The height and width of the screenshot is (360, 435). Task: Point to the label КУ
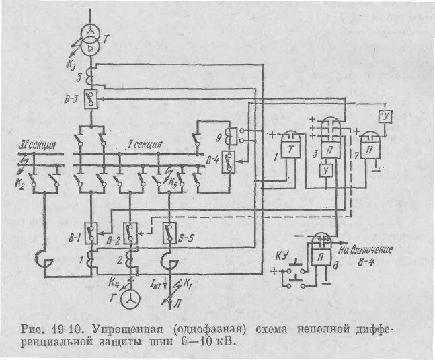(282, 256)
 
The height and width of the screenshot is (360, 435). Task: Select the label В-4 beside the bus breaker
(214, 159)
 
